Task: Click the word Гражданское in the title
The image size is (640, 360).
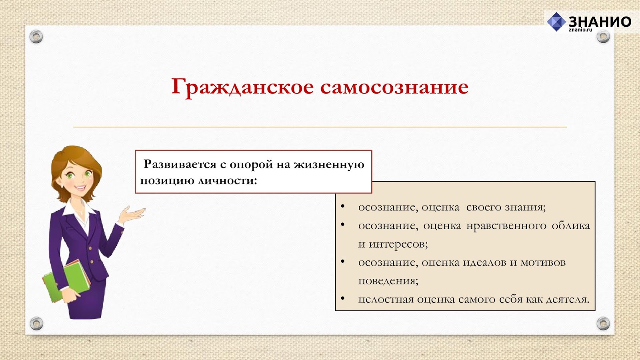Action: click(x=242, y=87)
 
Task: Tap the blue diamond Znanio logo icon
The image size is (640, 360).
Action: click(x=556, y=22)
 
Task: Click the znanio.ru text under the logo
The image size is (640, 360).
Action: click(x=580, y=30)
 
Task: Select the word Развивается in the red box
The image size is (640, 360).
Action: click(x=180, y=164)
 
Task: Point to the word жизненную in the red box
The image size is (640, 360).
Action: click(x=329, y=164)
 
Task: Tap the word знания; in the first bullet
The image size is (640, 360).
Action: click(x=525, y=207)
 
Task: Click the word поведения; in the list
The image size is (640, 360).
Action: click(x=388, y=281)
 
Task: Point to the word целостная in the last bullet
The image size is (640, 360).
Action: click(x=386, y=299)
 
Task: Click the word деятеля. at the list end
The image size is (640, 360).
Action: click(x=568, y=299)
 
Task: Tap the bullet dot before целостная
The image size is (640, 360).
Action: click(x=343, y=298)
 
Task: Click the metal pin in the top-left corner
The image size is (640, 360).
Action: click(x=36, y=37)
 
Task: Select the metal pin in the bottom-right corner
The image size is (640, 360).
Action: click(x=603, y=323)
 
